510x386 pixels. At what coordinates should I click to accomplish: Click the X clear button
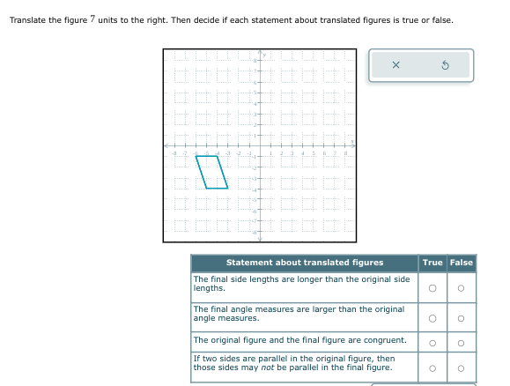(395, 65)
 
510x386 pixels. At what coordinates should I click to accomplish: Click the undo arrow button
(446, 65)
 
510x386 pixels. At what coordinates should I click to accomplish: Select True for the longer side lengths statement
(432, 288)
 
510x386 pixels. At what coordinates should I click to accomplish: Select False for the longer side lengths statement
(461, 288)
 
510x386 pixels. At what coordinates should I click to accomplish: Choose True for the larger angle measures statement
(432, 318)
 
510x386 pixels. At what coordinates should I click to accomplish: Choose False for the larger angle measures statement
(461, 318)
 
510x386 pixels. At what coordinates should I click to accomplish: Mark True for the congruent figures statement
(432, 343)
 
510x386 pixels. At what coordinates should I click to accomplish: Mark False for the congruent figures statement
(461, 343)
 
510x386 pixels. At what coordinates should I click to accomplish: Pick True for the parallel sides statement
(432, 368)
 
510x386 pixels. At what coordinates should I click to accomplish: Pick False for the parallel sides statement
(461, 368)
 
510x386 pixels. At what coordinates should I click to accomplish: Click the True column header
(432, 263)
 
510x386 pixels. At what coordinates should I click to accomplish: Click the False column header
(462, 263)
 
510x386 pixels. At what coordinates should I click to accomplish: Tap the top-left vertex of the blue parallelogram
(196, 157)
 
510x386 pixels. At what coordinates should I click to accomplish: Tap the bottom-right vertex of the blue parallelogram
(227, 188)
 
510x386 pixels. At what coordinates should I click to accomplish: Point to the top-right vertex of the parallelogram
(217, 157)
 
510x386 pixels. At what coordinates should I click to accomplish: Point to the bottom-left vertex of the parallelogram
(206, 188)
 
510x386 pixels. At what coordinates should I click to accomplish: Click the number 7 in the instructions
(92, 19)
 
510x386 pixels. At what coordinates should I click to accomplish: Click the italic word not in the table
(268, 367)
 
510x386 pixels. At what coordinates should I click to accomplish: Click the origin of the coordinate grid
(260, 145)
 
